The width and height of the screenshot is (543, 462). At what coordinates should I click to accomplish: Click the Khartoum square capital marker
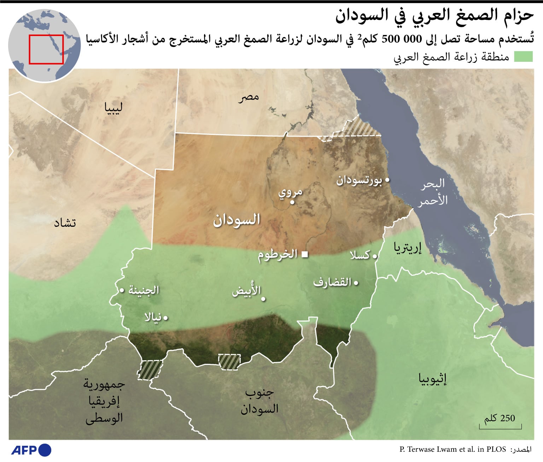pyautogui.click(x=305, y=254)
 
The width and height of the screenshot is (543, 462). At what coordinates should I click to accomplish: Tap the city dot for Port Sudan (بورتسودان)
pyautogui.click(x=387, y=180)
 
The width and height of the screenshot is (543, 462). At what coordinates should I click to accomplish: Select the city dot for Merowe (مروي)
pyautogui.click(x=292, y=202)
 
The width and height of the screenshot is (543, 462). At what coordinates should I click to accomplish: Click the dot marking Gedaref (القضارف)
pyautogui.click(x=356, y=283)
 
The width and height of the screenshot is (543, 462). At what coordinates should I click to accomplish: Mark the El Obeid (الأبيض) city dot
pyautogui.click(x=263, y=299)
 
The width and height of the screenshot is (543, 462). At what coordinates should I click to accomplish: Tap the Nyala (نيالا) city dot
pyautogui.click(x=165, y=318)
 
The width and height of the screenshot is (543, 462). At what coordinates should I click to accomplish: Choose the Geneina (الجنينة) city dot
pyautogui.click(x=122, y=290)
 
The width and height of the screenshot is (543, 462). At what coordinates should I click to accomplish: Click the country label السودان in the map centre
pyautogui.click(x=236, y=220)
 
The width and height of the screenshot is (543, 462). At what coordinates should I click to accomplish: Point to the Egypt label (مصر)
pyautogui.click(x=249, y=97)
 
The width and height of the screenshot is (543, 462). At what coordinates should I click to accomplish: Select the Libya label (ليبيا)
pyautogui.click(x=113, y=107)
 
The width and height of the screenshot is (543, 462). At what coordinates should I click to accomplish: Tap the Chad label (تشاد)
pyautogui.click(x=65, y=223)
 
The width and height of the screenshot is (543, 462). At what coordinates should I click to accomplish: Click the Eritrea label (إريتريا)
pyautogui.click(x=408, y=248)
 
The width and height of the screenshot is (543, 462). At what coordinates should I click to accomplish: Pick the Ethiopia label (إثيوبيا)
pyautogui.click(x=432, y=379)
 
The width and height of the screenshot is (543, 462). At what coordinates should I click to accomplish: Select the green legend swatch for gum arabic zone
pyautogui.click(x=523, y=57)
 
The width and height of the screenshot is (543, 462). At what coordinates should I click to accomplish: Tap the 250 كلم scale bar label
pyautogui.click(x=500, y=419)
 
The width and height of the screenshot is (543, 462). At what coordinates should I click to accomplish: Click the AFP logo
pyautogui.click(x=31, y=450)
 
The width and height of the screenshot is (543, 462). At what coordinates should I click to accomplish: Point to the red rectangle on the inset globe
pyautogui.click(x=46, y=49)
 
